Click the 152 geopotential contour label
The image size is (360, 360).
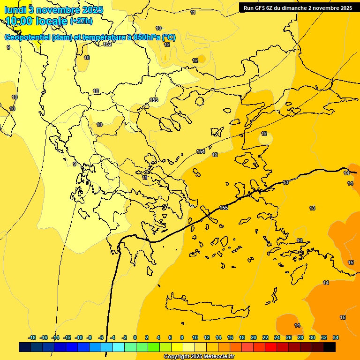(x=107, y=44)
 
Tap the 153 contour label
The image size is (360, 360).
(x=154, y=100)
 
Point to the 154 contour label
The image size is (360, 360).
(x=201, y=151)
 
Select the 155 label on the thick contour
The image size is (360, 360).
(x=224, y=208)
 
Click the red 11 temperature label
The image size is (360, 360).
(x=145, y=178)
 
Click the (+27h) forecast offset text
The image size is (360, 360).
(x=81, y=21)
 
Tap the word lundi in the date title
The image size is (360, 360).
(x=15, y=9)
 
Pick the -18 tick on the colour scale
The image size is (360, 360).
(x=32, y=337)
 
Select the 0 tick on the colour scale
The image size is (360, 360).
(x=135, y=337)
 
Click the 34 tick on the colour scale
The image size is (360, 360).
(x=336, y=337)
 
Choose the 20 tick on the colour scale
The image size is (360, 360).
(x=253, y=337)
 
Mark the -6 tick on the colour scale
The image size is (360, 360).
(x=100, y=337)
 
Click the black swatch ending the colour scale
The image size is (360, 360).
(x=330, y=347)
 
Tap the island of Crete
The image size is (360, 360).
(x=206, y=307)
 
